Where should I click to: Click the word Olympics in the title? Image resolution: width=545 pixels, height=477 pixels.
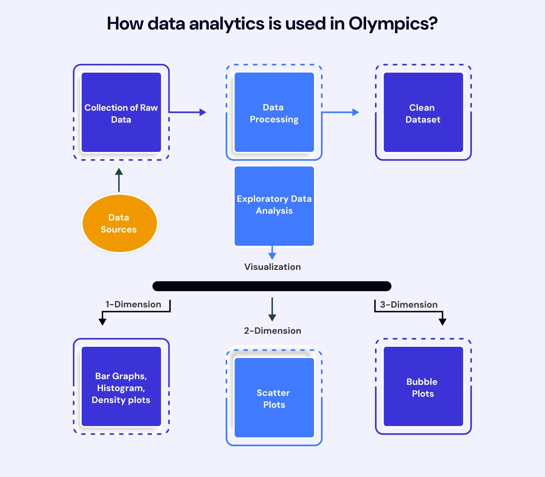(393, 24)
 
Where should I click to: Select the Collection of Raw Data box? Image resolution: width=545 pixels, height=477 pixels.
(121, 113)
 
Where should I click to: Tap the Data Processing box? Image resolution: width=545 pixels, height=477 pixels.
(274, 113)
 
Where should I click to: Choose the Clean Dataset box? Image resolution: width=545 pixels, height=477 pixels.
(423, 113)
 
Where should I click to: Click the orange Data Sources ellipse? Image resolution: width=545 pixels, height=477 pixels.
(120, 223)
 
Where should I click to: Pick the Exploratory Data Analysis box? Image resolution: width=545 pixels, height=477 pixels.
(274, 206)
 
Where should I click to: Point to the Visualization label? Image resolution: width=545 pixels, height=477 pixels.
(272, 267)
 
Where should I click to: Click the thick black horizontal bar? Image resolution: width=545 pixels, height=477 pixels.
(272, 286)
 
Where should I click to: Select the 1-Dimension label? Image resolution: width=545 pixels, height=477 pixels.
(133, 304)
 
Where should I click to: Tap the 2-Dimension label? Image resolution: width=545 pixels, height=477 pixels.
(272, 331)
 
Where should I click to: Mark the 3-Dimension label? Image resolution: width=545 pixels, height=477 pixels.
(409, 305)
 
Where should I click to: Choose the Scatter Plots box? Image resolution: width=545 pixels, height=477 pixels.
(274, 398)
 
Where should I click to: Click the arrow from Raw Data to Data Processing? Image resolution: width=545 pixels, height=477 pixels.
(187, 112)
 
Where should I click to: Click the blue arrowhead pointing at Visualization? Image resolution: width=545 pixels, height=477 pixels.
(272, 256)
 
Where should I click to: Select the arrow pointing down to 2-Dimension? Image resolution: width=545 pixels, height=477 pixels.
(272, 309)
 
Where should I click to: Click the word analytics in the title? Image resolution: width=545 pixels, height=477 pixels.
(227, 24)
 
